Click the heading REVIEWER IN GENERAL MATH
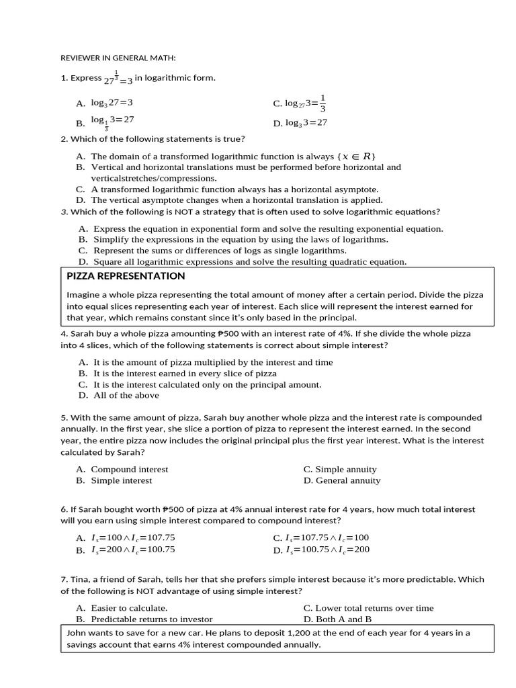(x=118, y=57)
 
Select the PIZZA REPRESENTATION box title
(x=126, y=276)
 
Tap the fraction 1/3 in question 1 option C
(x=322, y=103)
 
